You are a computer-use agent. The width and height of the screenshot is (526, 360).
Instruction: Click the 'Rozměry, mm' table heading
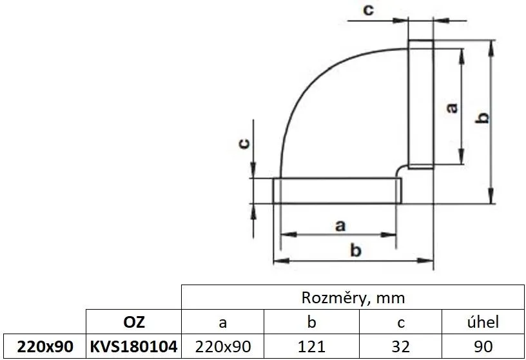tap(353, 297)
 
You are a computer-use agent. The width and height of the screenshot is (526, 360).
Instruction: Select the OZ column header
tap(133, 322)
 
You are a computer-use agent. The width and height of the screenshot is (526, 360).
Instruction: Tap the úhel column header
tap(483, 322)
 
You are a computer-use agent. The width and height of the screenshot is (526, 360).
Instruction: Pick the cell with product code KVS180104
tap(133, 346)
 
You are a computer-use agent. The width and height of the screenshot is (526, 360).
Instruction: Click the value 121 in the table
tap(312, 346)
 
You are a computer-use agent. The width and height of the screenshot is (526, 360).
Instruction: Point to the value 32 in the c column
tap(400, 346)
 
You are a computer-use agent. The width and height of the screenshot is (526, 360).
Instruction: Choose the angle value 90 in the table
tap(483, 346)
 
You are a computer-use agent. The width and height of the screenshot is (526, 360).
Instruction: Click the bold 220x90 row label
tap(43, 346)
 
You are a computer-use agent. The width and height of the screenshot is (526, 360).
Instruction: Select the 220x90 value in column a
tap(223, 346)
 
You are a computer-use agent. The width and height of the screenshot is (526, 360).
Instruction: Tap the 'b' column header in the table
tap(312, 322)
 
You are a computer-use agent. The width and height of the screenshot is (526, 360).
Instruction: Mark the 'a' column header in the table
tap(223, 322)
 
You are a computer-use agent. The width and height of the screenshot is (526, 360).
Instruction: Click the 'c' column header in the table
tap(400, 322)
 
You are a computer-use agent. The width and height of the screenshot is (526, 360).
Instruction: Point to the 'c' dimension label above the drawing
tap(367, 10)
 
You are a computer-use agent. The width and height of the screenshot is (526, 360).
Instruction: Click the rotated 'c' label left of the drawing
tap(244, 144)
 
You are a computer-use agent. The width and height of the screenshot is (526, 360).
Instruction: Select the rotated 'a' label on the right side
tap(452, 107)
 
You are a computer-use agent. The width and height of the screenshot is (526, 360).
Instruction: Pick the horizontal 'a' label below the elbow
tap(340, 225)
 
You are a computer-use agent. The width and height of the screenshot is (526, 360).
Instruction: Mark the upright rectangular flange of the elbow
tap(421, 103)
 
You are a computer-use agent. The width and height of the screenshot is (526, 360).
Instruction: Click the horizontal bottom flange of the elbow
tap(336, 191)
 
